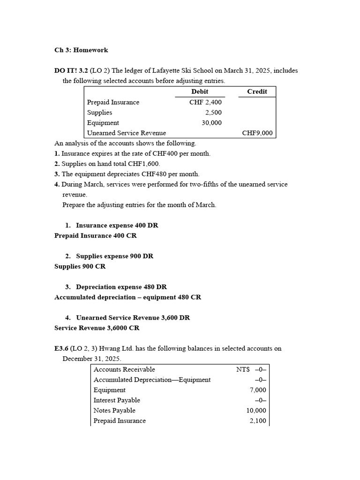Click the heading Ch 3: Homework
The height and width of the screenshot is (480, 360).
81,50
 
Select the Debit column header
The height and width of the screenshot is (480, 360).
200,91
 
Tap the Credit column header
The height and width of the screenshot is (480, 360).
257,91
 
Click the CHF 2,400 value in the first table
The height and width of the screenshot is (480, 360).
205,102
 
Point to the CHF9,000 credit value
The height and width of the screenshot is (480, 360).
257,133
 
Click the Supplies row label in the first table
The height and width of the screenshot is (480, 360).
99,112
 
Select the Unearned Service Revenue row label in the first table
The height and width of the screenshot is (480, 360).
126,133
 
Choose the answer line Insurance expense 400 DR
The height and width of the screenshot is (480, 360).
117,225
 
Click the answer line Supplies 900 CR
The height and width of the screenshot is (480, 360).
80,266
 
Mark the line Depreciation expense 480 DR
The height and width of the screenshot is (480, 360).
121,287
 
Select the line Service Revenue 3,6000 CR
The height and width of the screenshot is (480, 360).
97,328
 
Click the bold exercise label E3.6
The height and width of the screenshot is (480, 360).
63,349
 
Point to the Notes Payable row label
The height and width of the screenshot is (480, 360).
114,411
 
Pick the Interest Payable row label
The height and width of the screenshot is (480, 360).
117,400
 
